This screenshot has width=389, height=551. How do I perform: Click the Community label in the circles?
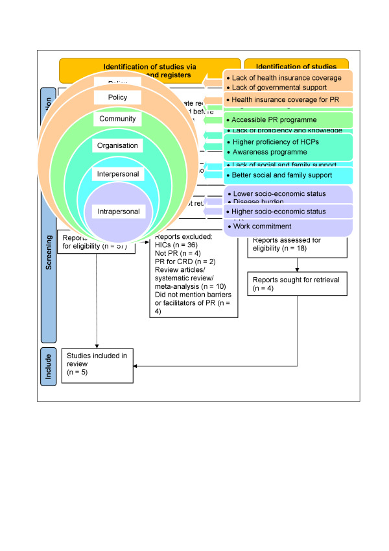tap(117, 119)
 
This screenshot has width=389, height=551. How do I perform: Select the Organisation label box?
tap(117, 145)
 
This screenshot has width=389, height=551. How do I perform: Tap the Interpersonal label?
tap(117, 174)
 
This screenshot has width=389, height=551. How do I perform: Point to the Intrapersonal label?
tap(117, 211)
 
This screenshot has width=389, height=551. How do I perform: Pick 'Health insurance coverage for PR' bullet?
tap(283, 100)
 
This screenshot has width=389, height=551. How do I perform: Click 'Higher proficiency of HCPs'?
tap(275, 141)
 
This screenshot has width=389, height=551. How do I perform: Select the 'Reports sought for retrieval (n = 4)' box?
tap(297, 283)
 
